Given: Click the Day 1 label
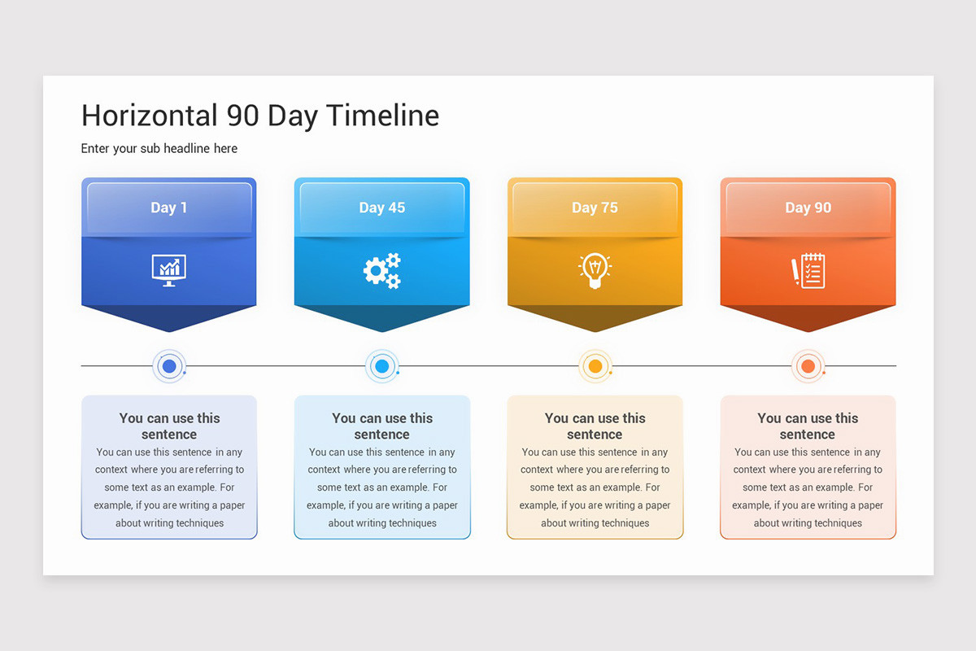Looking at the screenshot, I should (169, 208).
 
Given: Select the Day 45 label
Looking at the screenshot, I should (382, 208).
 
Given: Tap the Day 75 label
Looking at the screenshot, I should (595, 208).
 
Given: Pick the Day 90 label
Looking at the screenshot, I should (808, 208).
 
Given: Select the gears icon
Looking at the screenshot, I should (382, 270).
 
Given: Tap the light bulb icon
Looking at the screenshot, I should (595, 270).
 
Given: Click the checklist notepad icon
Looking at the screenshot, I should (808, 270).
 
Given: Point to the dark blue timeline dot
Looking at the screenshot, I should (169, 366).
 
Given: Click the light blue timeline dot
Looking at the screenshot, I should (382, 366).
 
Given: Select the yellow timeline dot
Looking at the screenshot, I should (595, 366).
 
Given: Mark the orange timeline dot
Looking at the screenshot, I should (808, 366).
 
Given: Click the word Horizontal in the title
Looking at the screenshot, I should (149, 116).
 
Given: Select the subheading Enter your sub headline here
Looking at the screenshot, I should (159, 148).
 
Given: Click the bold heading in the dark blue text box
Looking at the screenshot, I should (169, 426).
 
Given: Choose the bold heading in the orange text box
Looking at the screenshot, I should (808, 426).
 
